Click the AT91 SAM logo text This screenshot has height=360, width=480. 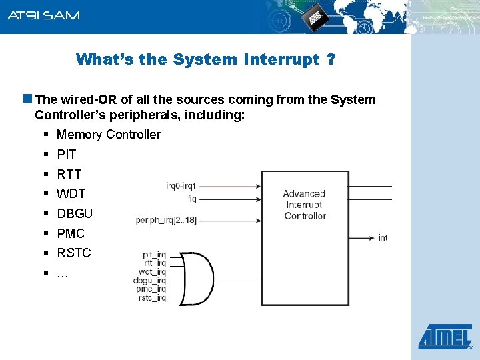point(43,15)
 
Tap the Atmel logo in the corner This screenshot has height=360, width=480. point(445,337)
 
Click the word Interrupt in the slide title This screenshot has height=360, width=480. point(281,59)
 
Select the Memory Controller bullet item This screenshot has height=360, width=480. point(109,135)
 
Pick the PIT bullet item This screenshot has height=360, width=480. point(67,155)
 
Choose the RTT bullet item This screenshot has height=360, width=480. point(69,175)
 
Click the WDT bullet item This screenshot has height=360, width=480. point(71,194)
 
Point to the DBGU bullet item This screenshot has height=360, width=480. point(75,214)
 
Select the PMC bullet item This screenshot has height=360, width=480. point(71,234)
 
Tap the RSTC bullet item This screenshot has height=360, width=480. point(73,253)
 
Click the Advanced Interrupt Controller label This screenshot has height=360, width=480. point(304,205)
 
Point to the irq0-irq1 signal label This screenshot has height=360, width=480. point(181,186)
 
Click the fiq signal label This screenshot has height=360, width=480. point(191,198)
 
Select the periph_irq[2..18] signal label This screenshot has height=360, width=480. point(166,220)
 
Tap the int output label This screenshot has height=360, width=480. point(383,237)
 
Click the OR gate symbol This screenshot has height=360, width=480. point(198,277)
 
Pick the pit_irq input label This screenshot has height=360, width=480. point(154,255)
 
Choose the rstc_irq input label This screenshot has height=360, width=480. point(153,298)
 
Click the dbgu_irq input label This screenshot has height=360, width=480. point(150,281)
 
